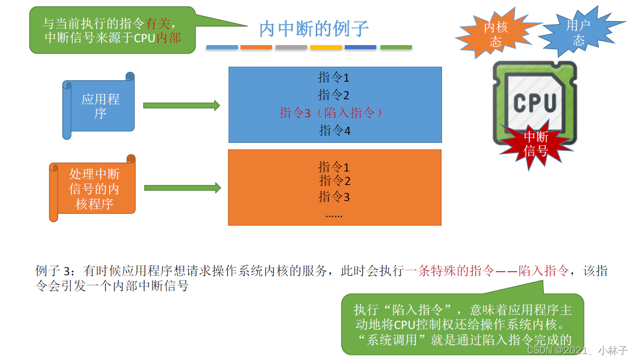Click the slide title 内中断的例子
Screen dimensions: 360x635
[x=314, y=29]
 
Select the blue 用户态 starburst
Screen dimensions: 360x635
[x=578, y=32]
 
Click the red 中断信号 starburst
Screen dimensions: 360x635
[x=536, y=143]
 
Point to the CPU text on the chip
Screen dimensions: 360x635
[x=535, y=103]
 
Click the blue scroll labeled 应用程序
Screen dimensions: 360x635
[x=100, y=106]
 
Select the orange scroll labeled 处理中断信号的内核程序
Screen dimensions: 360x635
[x=94, y=189]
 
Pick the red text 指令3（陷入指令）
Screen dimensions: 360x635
[x=331, y=113]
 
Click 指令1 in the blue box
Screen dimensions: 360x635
[x=333, y=77]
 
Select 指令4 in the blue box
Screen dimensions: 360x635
[x=334, y=130]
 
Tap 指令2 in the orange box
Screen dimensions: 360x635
[x=334, y=181]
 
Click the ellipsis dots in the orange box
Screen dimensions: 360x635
[x=334, y=215]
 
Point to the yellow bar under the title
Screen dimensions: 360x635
[x=326, y=47]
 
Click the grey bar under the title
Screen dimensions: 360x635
[x=291, y=47]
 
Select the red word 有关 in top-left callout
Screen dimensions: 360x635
[x=158, y=24]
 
